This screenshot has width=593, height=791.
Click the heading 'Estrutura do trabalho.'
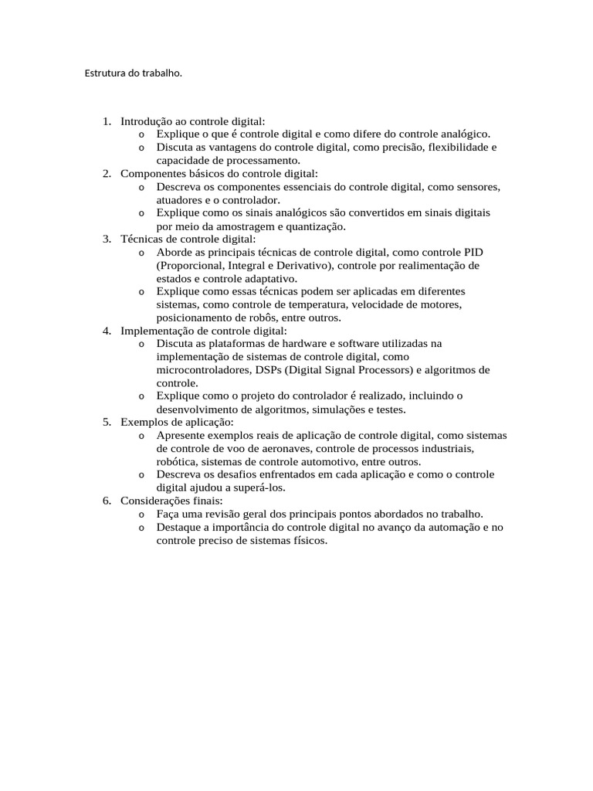[133, 74]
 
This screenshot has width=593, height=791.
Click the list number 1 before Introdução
[106, 121]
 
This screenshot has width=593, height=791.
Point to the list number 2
[106, 174]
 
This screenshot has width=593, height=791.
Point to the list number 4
[106, 331]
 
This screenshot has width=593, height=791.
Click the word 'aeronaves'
[285, 449]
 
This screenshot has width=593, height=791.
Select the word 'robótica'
[177, 462]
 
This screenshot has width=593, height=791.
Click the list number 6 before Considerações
[106, 501]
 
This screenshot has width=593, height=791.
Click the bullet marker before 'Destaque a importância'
[142, 527]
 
